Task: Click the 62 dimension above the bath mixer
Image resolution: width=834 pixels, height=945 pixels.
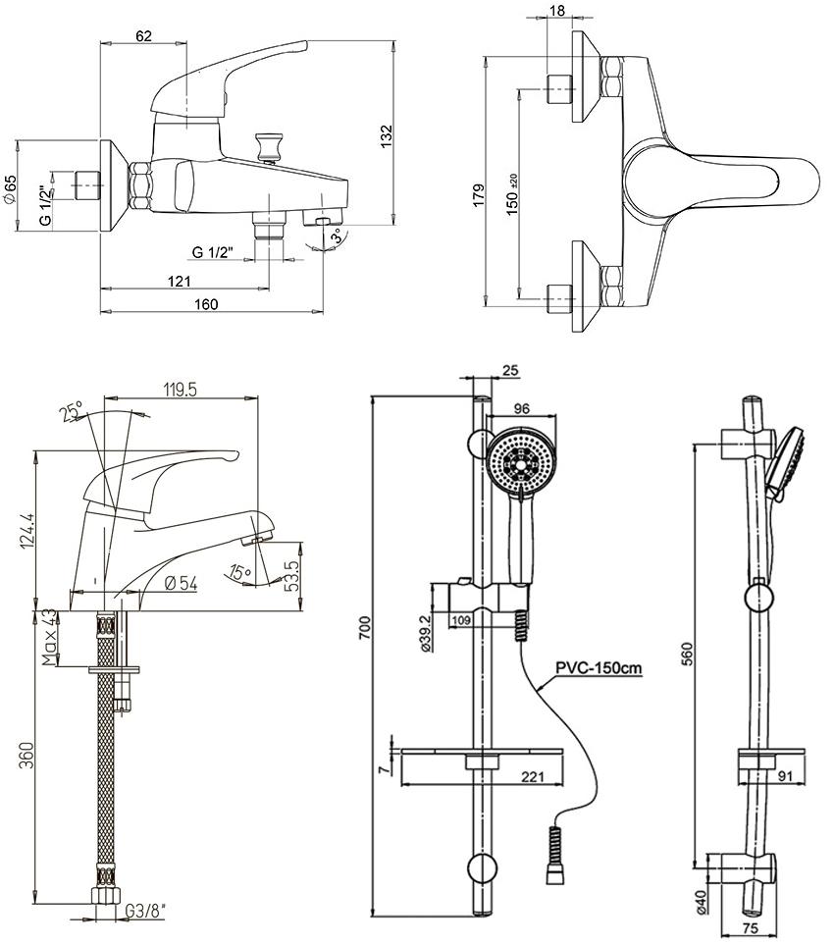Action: point(144,37)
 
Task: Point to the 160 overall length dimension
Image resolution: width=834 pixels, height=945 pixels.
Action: point(206,303)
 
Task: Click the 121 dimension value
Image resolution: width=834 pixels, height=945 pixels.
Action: point(180,281)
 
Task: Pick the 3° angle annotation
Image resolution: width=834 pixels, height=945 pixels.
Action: point(337,237)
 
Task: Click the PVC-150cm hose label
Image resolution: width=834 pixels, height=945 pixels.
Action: point(599,668)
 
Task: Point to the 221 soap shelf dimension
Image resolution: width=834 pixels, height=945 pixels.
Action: point(530,777)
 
